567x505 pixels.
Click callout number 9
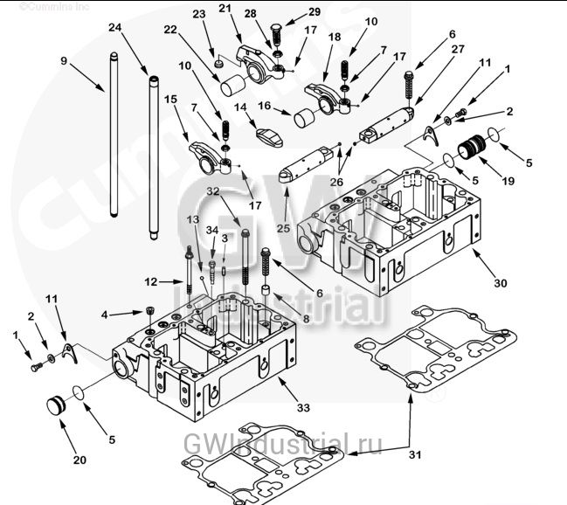click(63, 60)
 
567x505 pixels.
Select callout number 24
click(115, 28)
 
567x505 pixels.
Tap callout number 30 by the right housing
click(499, 284)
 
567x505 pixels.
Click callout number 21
click(225, 10)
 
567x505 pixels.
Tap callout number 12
click(151, 281)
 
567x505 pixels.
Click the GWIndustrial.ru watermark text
click(283, 444)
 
